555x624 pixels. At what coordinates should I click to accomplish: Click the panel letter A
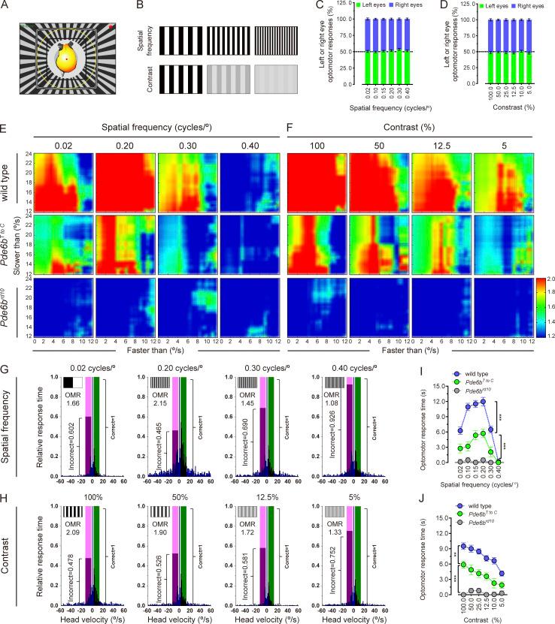click(6, 7)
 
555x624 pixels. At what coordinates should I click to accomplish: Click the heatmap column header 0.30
click(186, 142)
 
